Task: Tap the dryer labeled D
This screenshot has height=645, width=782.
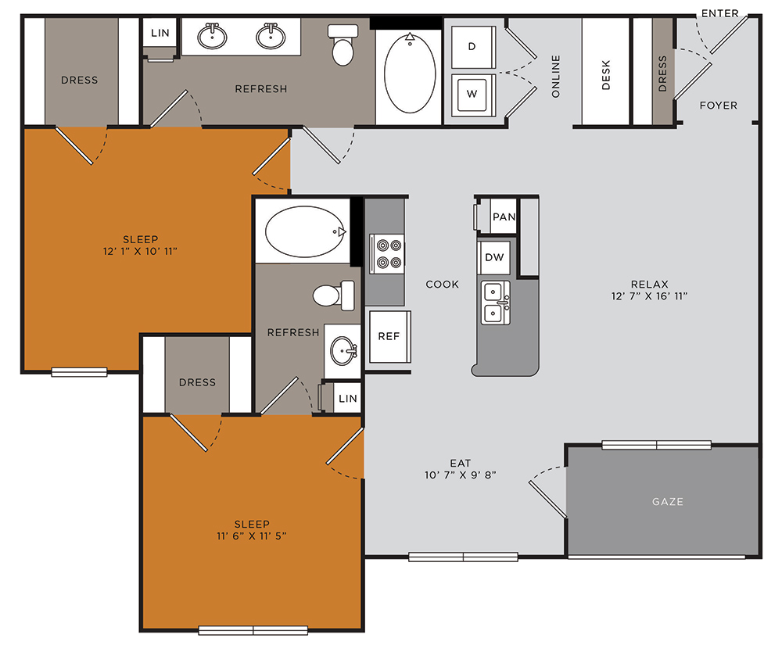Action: click(472, 46)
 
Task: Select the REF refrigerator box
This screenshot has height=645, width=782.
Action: click(389, 336)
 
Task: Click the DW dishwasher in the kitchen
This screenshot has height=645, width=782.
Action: click(493, 257)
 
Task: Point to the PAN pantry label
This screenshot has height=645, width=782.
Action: click(504, 217)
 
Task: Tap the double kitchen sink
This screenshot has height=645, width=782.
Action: click(494, 303)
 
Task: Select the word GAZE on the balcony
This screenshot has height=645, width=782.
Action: click(667, 501)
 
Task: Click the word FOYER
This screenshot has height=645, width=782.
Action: click(718, 106)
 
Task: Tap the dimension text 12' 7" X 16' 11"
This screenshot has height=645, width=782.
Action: click(649, 296)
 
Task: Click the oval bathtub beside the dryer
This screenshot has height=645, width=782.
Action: click(410, 73)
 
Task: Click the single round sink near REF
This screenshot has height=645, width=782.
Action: click(343, 349)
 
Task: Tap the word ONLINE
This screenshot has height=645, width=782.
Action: click(556, 76)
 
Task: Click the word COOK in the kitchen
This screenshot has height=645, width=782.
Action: click(442, 284)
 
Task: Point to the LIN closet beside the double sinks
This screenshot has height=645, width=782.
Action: click(160, 34)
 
